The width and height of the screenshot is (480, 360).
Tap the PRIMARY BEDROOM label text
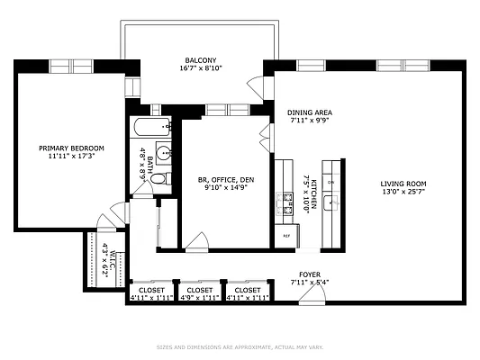click(x=71, y=148)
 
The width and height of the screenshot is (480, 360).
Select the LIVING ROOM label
click(x=403, y=184)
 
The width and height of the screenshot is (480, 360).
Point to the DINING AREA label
click(x=311, y=112)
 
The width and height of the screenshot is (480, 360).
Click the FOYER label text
click(x=310, y=274)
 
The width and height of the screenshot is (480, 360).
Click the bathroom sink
click(x=164, y=152)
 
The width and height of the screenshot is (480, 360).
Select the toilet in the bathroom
click(x=158, y=181)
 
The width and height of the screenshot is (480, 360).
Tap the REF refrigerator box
click(x=286, y=236)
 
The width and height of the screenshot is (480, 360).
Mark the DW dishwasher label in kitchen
click(x=331, y=183)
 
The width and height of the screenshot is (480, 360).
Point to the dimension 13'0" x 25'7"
click(x=403, y=192)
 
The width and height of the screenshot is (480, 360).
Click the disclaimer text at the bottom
click(x=240, y=346)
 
